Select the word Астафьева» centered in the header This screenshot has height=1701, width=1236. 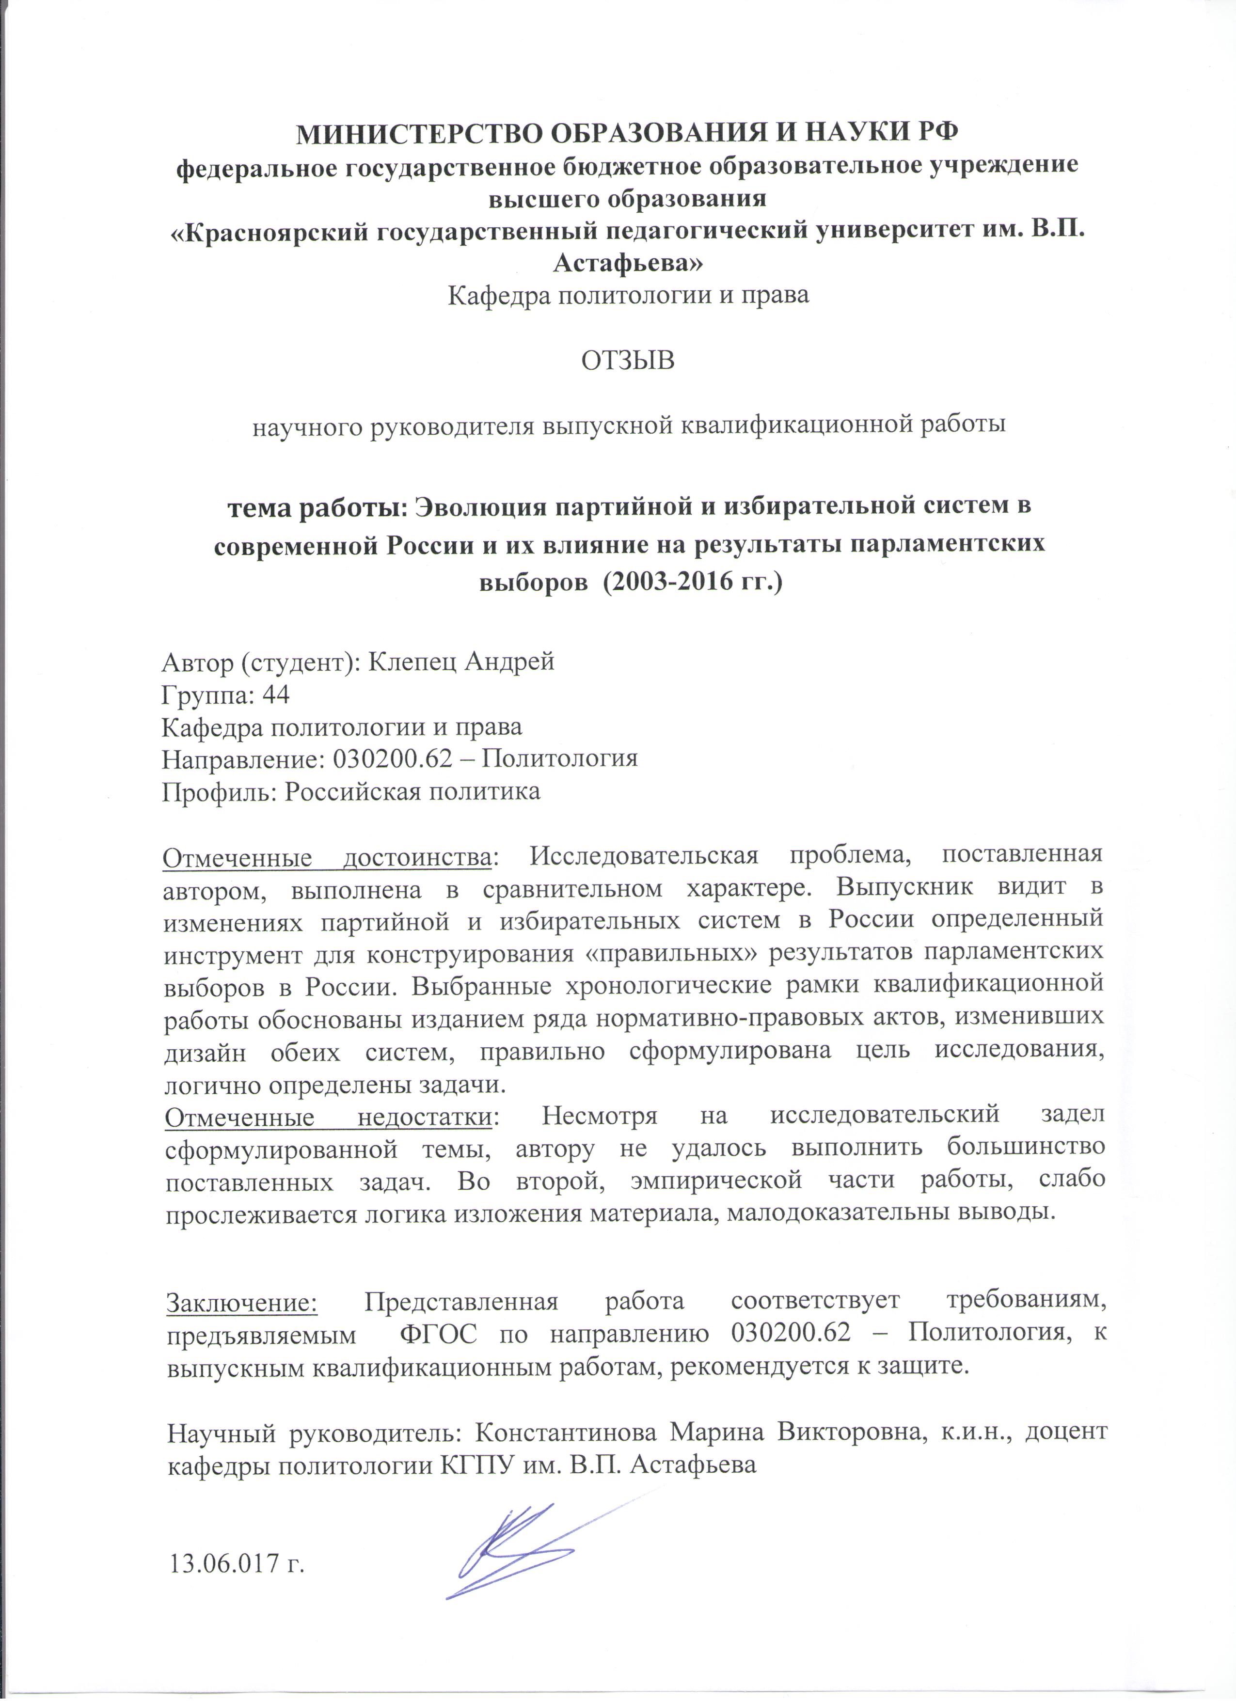tap(629, 263)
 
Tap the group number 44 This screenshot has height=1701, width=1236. tap(275, 695)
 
